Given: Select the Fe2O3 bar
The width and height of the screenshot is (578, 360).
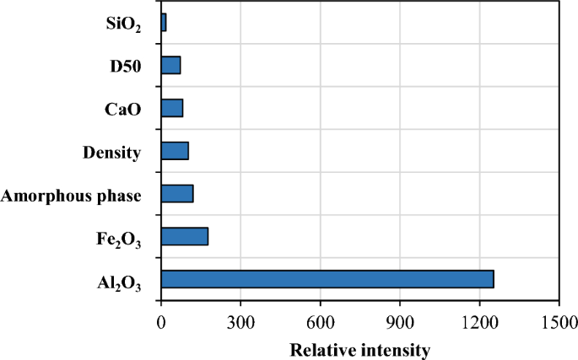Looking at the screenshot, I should coord(184,236).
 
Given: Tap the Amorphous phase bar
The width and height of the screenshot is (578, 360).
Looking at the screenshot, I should coord(177,193).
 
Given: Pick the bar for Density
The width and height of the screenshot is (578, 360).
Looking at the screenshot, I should coord(175,151).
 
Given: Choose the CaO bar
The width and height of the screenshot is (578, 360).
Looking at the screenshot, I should coord(172,108).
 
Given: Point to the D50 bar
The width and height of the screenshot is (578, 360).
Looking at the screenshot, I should coord(170,65).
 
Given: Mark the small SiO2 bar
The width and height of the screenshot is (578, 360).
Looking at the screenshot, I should coord(164,23).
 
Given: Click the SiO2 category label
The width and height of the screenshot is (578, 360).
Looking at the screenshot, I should coord(118,24).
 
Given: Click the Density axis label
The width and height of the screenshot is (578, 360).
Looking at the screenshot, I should coord(111,152).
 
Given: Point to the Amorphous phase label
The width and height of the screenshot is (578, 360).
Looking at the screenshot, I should coord(71,196).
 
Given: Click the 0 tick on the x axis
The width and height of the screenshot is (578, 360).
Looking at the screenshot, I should coord(161,321).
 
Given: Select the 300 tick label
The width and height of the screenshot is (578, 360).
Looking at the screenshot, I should coord(240,321).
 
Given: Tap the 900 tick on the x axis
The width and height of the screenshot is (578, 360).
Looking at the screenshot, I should coord(400,321).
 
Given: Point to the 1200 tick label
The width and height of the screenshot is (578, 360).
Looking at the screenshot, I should coord(479,321).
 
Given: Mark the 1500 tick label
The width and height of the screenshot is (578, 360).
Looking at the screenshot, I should coord(559,321).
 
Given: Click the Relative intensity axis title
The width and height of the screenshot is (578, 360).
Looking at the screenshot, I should coord(360,348).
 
